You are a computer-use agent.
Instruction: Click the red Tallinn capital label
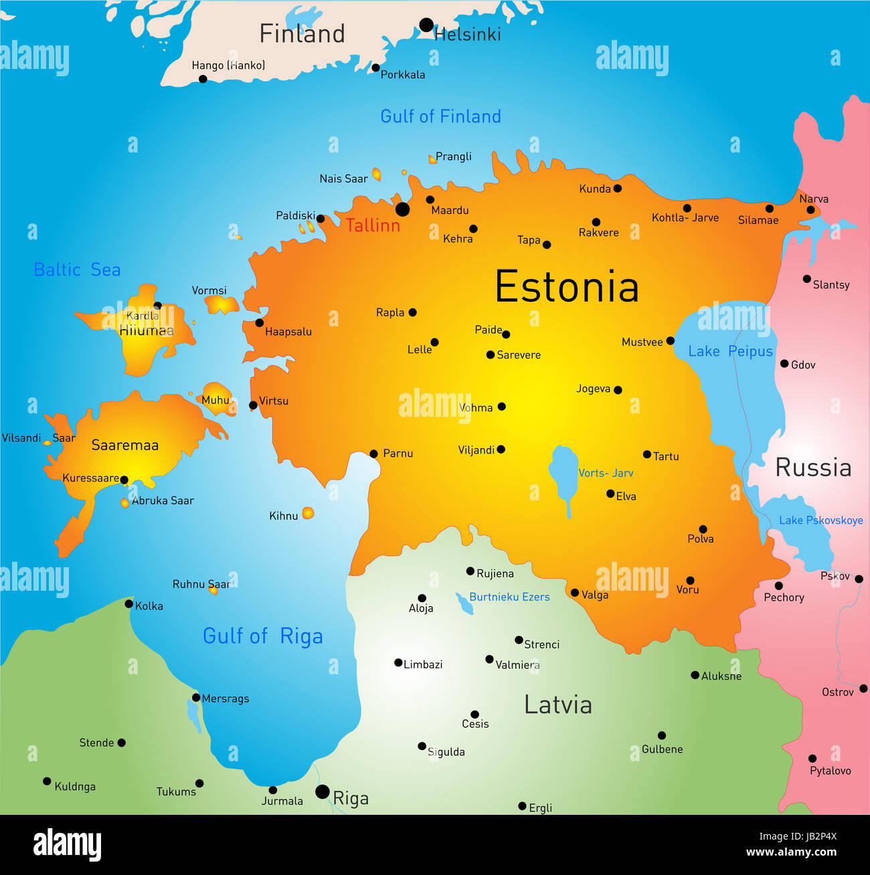[373, 225]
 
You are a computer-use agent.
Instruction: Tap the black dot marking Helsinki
[426, 25]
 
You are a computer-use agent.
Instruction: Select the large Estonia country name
[566, 287]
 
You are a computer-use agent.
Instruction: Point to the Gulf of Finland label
[440, 116]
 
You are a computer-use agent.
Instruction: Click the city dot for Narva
[810, 210]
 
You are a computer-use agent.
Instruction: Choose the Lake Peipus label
[730, 351]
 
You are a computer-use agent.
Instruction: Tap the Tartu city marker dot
[647, 455]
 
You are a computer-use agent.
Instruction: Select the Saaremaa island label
[125, 446]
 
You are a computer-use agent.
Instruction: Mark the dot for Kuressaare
[124, 480]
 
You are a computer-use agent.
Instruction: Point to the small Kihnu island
[308, 513]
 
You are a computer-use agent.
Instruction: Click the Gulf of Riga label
[262, 636]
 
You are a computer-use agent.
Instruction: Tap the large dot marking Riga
[323, 792]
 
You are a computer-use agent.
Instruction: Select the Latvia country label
[557, 705]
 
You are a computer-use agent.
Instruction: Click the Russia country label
[813, 468]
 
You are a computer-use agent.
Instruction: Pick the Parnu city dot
[374, 454]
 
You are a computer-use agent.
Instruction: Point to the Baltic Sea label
[77, 270]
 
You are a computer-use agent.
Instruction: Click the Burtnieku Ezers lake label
[509, 597]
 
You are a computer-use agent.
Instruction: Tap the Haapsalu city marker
[259, 323]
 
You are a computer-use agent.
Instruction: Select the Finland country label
[302, 33]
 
